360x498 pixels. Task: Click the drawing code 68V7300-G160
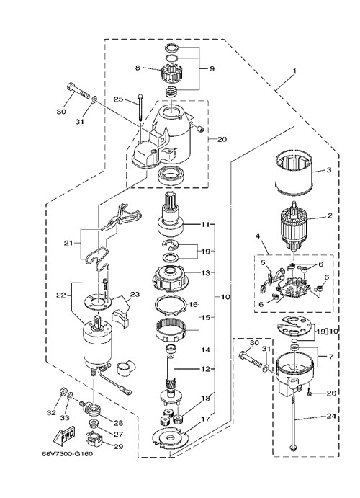point(67,453)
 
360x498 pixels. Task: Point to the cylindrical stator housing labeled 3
point(293,173)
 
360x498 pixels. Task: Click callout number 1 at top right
point(294,71)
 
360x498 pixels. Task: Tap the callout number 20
point(222,139)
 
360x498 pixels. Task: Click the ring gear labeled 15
point(171,330)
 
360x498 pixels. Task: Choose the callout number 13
point(206,273)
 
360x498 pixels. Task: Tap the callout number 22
point(60,295)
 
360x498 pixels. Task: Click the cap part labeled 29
point(94,439)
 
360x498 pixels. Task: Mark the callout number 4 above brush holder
point(258,236)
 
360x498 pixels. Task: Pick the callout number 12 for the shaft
point(206,369)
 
